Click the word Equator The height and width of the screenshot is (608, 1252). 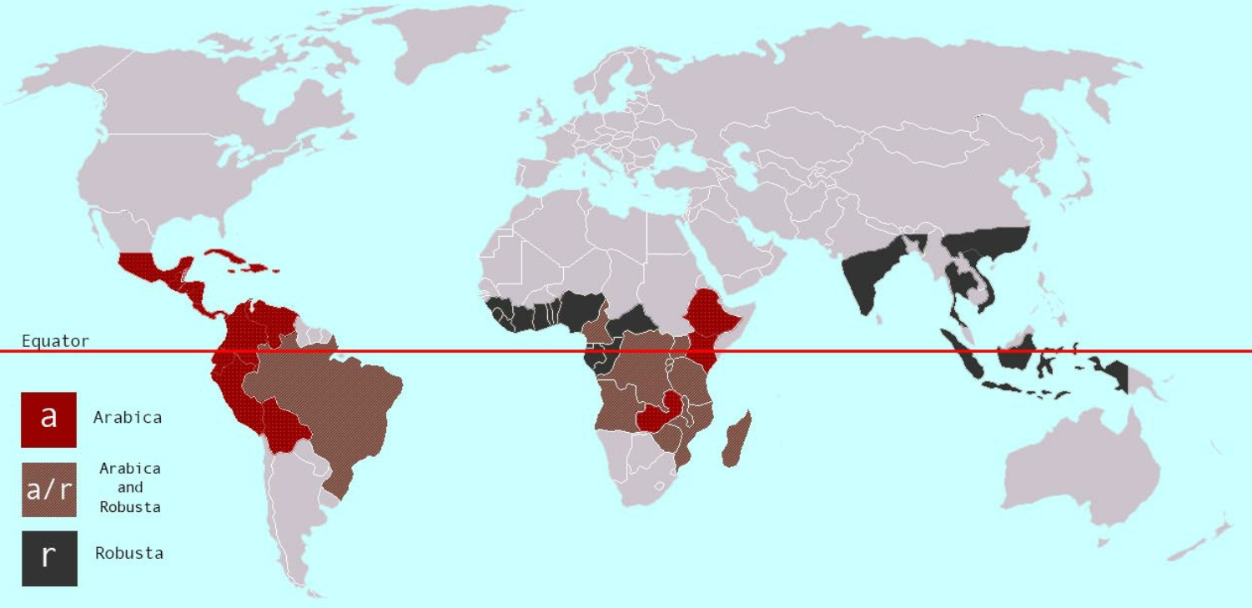click(x=55, y=341)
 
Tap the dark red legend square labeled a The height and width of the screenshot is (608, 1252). click(x=48, y=419)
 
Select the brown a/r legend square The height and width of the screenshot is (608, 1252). click(x=49, y=490)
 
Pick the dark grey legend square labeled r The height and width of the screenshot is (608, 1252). click(x=49, y=558)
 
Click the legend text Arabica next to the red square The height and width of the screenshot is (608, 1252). click(x=128, y=417)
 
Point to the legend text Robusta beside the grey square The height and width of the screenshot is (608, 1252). click(x=129, y=553)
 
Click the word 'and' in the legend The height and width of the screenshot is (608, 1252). click(x=129, y=487)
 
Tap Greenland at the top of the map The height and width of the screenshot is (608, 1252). click(x=442, y=42)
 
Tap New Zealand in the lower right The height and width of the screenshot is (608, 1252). click(x=1201, y=542)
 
